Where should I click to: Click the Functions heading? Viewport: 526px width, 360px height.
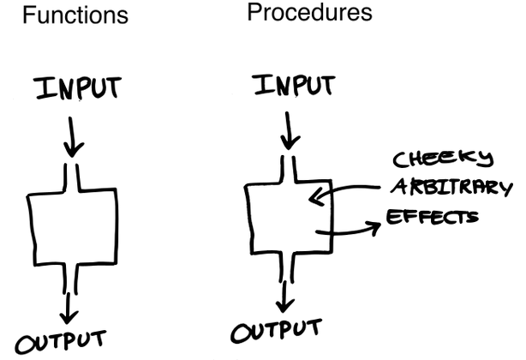click(x=75, y=16)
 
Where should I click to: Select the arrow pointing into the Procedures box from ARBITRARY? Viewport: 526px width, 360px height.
click(x=343, y=196)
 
